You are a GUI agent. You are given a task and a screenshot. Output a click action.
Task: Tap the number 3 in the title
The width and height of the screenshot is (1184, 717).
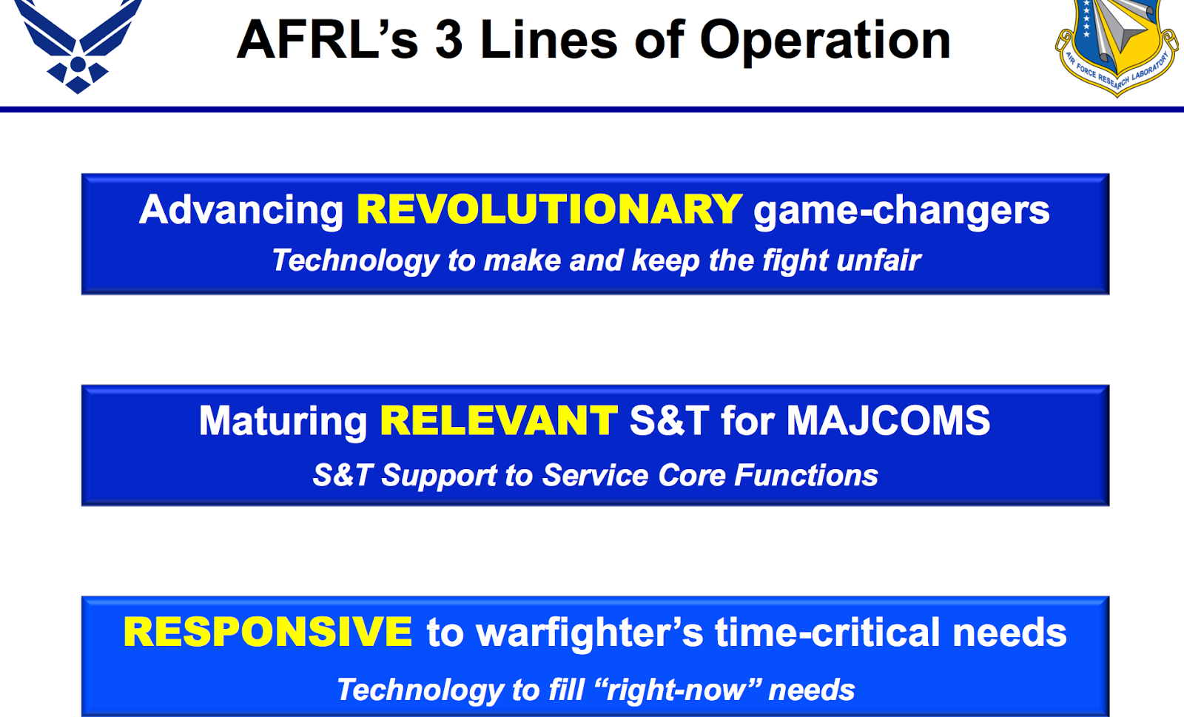pos(449,40)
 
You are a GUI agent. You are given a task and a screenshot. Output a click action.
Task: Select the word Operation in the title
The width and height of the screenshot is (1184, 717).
pos(825,41)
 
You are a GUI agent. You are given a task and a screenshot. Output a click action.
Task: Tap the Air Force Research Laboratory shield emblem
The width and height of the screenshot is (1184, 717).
pos(1116,44)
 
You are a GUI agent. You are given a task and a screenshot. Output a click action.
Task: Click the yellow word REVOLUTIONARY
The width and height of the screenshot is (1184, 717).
pos(549,209)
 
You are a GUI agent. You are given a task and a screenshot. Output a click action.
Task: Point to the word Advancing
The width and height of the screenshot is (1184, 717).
pos(241,211)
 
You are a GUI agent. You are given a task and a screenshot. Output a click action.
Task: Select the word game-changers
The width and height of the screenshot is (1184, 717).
pos(901,211)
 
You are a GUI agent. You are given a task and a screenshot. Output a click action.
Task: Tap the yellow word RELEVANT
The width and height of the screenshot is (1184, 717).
pos(498,421)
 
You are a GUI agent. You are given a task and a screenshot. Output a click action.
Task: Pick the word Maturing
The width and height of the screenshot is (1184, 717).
pos(283,422)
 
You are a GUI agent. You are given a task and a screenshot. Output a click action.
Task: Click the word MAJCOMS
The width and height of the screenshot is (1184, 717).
pos(888,421)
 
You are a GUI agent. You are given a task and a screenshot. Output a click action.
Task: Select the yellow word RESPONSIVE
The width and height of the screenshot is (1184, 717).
pos(267,633)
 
